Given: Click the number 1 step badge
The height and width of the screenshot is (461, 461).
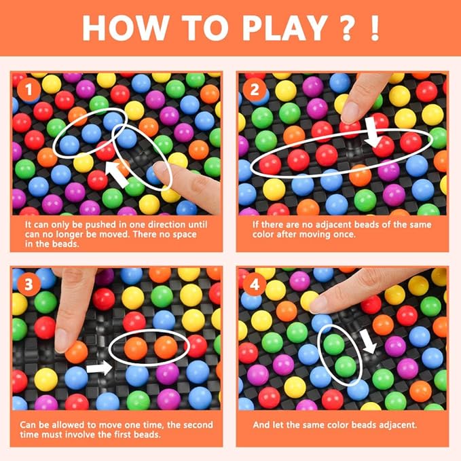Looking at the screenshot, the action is pyautogui.click(x=29, y=90).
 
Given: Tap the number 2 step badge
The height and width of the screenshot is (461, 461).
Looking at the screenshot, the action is pyautogui.click(x=255, y=90).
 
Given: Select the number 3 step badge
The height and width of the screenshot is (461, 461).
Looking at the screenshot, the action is pyautogui.click(x=29, y=284).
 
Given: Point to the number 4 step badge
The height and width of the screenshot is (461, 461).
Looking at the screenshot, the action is pyautogui.click(x=255, y=284).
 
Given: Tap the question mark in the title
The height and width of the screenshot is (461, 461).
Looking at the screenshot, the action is pyautogui.click(x=347, y=28).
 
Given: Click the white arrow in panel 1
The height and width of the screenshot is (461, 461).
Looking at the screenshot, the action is pyautogui.click(x=117, y=174).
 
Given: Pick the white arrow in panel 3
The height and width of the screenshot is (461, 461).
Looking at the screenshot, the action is pyautogui.click(x=99, y=368).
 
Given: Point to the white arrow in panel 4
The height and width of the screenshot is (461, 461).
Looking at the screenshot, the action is pyautogui.click(x=368, y=342).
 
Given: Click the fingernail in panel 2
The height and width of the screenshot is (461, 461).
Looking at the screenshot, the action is pyautogui.click(x=350, y=112).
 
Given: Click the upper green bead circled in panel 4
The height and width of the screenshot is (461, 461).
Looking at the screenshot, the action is pyautogui.click(x=333, y=344).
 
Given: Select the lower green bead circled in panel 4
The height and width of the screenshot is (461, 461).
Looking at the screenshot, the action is pyautogui.click(x=346, y=367).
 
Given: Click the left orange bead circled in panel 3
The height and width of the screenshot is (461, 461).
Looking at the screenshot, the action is pyautogui.click(x=136, y=348).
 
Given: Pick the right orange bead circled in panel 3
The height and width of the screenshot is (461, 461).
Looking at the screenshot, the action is pyautogui.click(x=166, y=347).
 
